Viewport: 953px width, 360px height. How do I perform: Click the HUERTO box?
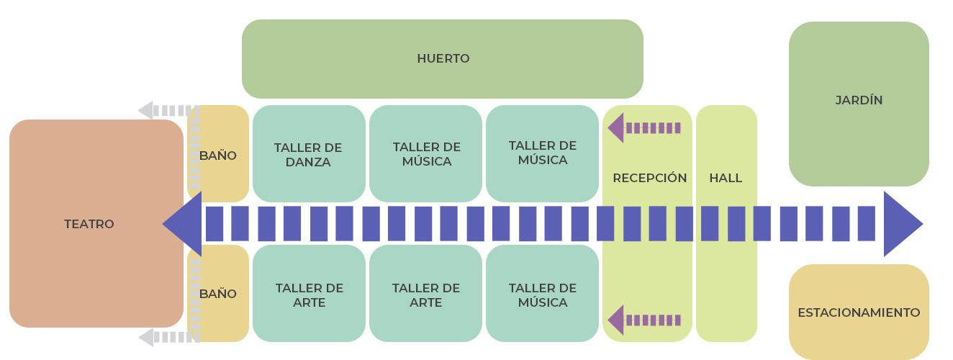(x=442, y=59)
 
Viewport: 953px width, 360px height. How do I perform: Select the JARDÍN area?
(x=858, y=101)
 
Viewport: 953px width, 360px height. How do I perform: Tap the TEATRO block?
(x=89, y=224)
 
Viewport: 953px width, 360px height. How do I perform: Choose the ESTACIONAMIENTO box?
(x=858, y=312)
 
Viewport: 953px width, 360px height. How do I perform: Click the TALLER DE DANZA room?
(x=308, y=154)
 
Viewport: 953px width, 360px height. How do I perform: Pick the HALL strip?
(x=726, y=178)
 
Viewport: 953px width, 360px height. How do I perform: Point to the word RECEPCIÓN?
(x=649, y=178)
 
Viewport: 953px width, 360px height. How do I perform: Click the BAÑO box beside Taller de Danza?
(x=218, y=155)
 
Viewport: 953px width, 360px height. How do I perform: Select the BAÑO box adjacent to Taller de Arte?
(x=218, y=294)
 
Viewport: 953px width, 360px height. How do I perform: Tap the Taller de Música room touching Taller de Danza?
(x=426, y=154)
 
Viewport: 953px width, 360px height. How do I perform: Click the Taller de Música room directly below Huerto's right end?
(x=542, y=153)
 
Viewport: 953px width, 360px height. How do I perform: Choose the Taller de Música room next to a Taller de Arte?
(x=542, y=294)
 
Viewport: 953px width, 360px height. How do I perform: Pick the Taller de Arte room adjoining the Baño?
(x=308, y=294)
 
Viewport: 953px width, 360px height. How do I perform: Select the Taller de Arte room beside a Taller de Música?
(x=426, y=294)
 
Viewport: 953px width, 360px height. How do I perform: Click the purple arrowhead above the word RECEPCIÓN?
(x=617, y=128)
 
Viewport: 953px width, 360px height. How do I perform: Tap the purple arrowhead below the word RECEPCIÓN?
(x=617, y=320)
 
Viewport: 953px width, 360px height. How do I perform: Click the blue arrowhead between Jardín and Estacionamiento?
(x=901, y=224)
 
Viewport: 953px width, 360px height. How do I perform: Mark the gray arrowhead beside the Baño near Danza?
(x=146, y=111)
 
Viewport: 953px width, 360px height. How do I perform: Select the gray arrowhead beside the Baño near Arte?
(x=146, y=337)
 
